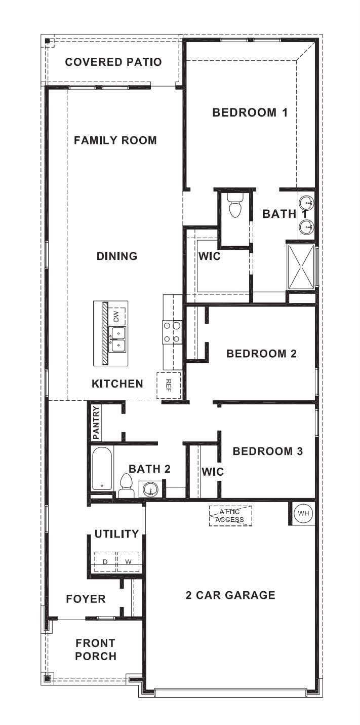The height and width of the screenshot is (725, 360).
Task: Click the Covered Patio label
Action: (x=113, y=62)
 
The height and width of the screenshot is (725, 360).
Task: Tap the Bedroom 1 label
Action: (x=250, y=112)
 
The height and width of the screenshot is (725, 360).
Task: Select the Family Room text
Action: (x=115, y=140)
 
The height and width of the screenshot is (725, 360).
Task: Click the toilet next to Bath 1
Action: (x=235, y=206)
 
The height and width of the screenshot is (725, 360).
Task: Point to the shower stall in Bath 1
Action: (x=301, y=266)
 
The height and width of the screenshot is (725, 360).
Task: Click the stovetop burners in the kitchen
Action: (x=172, y=332)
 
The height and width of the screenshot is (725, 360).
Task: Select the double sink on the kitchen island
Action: (x=117, y=339)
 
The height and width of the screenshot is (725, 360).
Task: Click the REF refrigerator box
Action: (x=169, y=386)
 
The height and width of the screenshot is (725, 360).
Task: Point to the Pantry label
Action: (x=96, y=423)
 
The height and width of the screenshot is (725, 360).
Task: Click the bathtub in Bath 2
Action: (x=102, y=469)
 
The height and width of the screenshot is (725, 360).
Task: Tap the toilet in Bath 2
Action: (x=126, y=485)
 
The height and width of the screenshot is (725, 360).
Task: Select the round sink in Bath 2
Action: (x=150, y=489)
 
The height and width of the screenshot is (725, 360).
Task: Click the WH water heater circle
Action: (x=303, y=513)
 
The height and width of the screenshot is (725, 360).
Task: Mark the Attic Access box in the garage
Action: (x=230, y=516)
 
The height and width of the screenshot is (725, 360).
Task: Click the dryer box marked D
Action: (x=105, y=562)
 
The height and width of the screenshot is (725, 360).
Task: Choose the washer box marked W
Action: (x=129, y=562)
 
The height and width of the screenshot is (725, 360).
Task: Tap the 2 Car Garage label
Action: (x=230, y=595)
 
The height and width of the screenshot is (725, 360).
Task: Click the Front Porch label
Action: (x=95, y=650)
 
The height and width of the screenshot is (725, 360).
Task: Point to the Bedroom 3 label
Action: (x=267, y=451)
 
